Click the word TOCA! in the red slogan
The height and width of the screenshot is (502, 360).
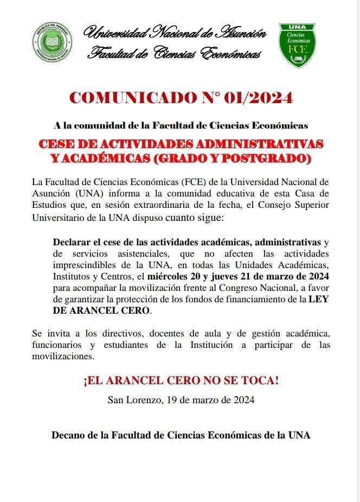[259, 381]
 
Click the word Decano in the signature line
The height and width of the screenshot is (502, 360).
[68, 435]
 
